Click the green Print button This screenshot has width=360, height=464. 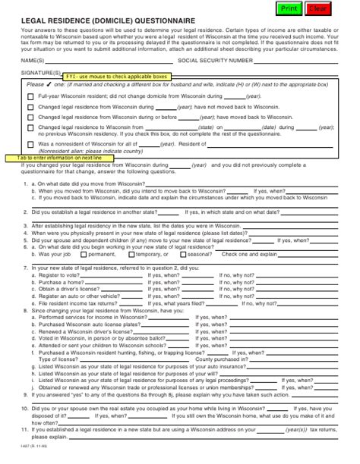[x=289, y=8]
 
